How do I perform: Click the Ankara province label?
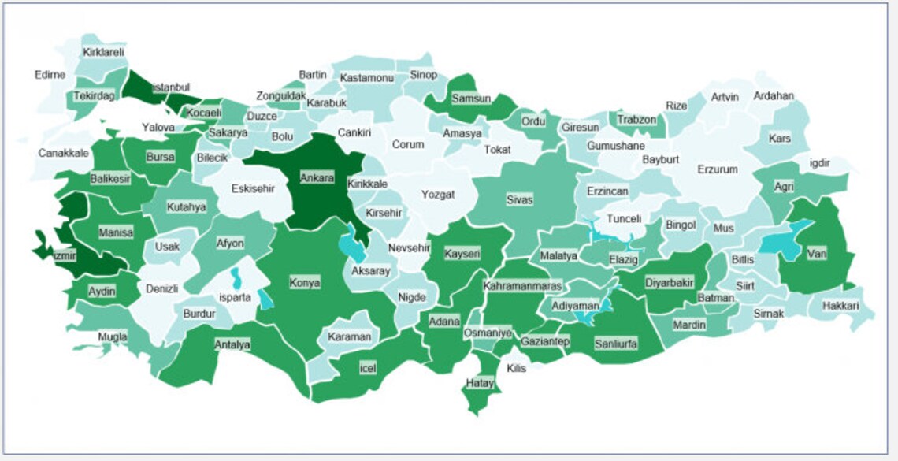point(317,177)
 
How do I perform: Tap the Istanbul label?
point(170,87)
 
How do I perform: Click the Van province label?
point(816,254)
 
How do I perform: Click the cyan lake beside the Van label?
point(781,239)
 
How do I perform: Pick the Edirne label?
point(51,75)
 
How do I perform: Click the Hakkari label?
point(840,306)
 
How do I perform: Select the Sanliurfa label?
point(616,344)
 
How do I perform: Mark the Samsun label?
point(471,99)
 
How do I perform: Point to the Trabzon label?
point(636,120)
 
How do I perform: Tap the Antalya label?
point(232,344)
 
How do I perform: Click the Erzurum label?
point(717,169)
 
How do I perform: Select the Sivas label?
point(519,200)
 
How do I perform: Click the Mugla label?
point(113,337)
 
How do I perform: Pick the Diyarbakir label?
point(669,282)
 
